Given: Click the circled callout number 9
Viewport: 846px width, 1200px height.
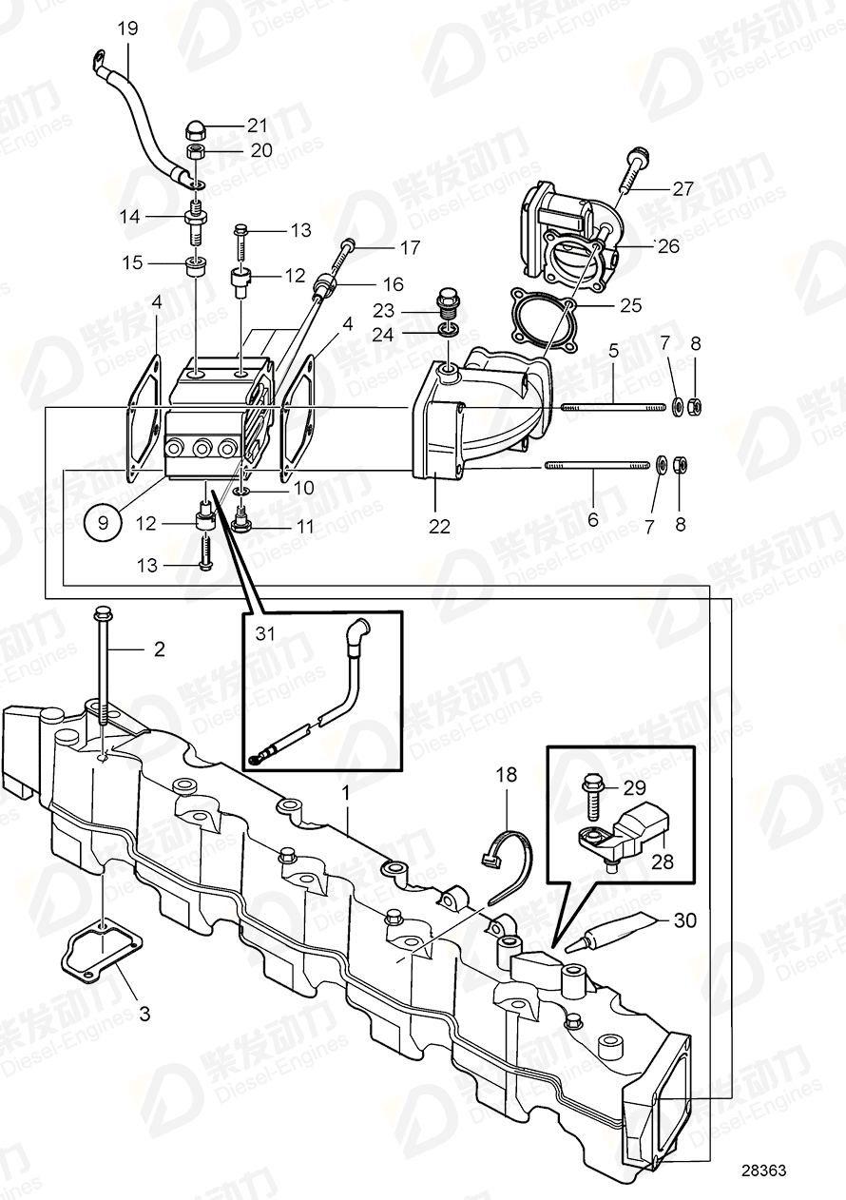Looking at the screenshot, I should (x=102, y=521).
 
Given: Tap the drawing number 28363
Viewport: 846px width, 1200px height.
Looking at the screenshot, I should (x=763, y=1172).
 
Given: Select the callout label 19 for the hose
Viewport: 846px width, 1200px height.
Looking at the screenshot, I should (x=127, y=29).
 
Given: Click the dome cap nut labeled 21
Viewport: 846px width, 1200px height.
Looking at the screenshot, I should (x=197, y=129).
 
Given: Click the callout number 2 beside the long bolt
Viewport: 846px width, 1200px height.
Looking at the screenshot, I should (x=159, y=649).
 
